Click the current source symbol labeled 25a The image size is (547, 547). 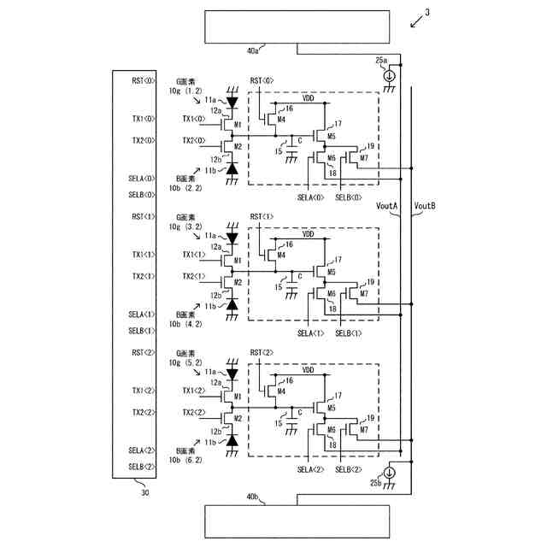point(389,75)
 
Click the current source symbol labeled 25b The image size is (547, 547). point(389,473)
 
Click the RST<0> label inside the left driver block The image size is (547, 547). point(143,80)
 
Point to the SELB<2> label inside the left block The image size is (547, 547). point(142,466)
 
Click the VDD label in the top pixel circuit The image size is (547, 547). point(309,98)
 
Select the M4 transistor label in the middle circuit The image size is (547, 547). point(281,254)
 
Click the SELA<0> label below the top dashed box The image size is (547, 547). point(310,197)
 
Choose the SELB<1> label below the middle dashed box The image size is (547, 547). point(348,332)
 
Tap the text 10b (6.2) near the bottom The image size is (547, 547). point(185,460)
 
